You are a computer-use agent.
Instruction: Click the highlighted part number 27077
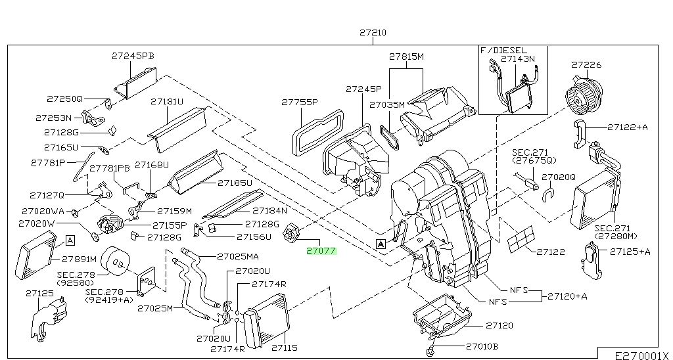(x=321, y=251)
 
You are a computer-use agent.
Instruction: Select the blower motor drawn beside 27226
(x=584, y=94)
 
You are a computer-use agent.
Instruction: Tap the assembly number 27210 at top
(x=373, y=33)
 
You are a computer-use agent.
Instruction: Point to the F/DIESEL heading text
(x=503, y=50)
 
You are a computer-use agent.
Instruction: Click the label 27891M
(x=80, y=259)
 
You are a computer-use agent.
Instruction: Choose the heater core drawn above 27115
(x=267, y=320)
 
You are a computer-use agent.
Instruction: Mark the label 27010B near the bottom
(x=482, y=346)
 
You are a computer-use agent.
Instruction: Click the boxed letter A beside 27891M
(x=70, y=240)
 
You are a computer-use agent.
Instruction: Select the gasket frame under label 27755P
(x=317, y=132)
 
